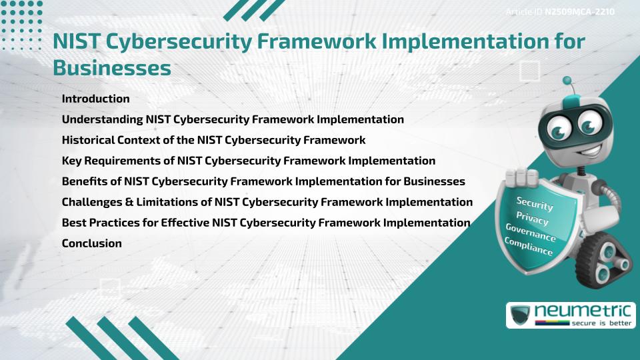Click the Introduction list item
point(95,99)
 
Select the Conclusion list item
point(91,243)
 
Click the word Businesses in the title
point(111,67)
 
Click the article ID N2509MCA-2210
point(578,12)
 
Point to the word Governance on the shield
point(531,233)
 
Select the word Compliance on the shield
point(528,247)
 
